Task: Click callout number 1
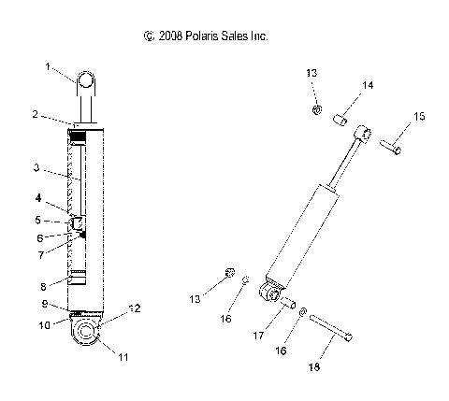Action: pyautogui.click(x=48, y=66)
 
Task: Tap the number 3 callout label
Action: pyautogui.click(x=36, y=168)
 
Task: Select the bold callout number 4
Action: pyautogui.click(x=38, y=198)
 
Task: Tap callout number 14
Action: pyautogui.click(x=369, y=85)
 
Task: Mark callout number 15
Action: pyautogui.click(x=419, y=116)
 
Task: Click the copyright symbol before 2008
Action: pyautogui.click(x=149, y=36)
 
